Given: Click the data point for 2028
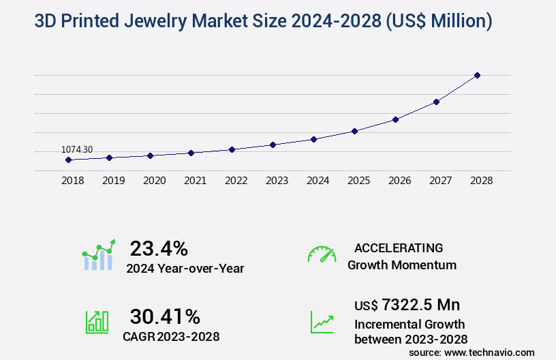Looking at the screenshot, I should [x=477, y=75].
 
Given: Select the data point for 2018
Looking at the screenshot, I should [x=68, y=160].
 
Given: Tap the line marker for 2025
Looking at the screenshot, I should [x=354, y=131].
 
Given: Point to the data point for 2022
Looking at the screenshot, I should [x=232, y=149].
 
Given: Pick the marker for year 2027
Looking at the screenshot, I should [x=436, y=102].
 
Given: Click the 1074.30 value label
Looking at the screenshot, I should [x=77, y=149].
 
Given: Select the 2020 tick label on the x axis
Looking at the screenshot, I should [x=154, y=181].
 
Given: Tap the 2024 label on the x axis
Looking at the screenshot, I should [x=318, y=181].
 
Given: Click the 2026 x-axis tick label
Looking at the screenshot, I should [x=399, y=181].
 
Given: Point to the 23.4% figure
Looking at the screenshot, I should [x=159, y=248].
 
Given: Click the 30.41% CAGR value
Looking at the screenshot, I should [x=165, y=316].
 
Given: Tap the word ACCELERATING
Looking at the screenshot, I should [x=399, y=248].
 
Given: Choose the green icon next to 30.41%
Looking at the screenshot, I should [x=97, y=322].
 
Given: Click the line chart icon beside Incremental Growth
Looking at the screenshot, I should [x=322, y=322].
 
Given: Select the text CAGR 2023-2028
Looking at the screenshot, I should [x=171, y=336].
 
